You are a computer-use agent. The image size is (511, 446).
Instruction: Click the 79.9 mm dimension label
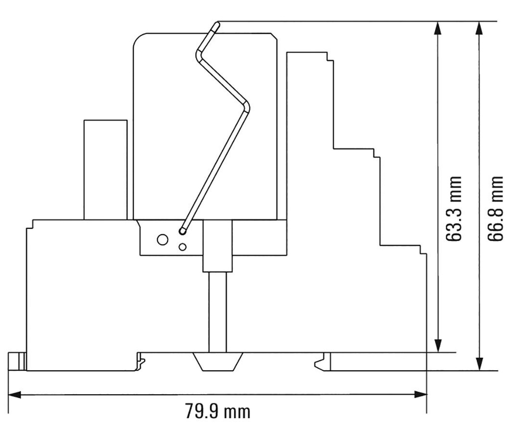[218, 412]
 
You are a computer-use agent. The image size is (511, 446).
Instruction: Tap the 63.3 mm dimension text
[453, 208]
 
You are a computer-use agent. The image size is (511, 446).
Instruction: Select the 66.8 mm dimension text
[495, 208]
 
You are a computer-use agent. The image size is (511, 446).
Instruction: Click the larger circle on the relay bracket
[162, 240]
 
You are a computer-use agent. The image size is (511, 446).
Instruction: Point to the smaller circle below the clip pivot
[183, 247]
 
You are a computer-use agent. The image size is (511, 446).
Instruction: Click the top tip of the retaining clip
[216, 24]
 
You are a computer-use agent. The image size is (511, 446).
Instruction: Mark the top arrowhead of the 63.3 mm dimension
[438, 28]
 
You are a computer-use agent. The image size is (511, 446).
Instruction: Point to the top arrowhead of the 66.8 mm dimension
[480, 28]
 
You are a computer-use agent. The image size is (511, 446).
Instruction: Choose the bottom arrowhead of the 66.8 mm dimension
[480, 364]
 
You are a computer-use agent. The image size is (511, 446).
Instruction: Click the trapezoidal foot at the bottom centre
[218, 362]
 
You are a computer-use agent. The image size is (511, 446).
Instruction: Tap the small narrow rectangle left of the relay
[105, 169]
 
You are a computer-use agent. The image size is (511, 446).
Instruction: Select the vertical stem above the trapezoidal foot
[218, 312]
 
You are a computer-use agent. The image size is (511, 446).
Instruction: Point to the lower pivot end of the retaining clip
[183, 231]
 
